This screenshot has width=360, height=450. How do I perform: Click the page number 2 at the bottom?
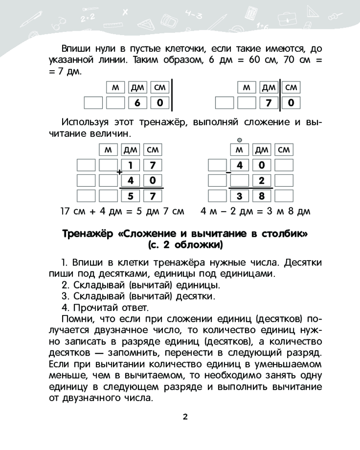pos(185,416)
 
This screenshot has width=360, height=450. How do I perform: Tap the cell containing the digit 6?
pos(138,103)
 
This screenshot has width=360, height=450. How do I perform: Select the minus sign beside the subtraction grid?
pos(229,172)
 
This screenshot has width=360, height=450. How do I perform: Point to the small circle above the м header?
pos(239,139)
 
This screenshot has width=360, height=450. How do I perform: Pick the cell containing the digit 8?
pos(261,196)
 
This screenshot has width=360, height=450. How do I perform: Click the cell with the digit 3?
pos(239,196)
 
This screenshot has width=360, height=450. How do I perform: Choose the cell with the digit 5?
pos(130,196)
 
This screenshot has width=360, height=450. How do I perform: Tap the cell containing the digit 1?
pos(130,165)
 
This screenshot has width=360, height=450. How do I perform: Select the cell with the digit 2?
pos(261,180)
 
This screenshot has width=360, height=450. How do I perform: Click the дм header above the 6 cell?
pos(138,88)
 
